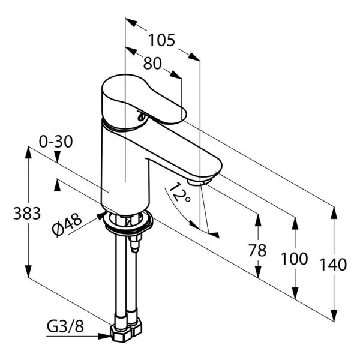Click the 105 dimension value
[x=161, y=40]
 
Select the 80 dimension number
[x=152, y=63]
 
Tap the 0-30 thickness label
[x=56, y=142]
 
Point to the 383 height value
[x=27, y=213]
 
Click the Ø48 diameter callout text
[x=67, y=225]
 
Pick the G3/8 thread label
[x=65, y=326]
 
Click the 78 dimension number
[x=257, y=250]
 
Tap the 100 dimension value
[x=295, y=259]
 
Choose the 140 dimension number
[x=334, y=265]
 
